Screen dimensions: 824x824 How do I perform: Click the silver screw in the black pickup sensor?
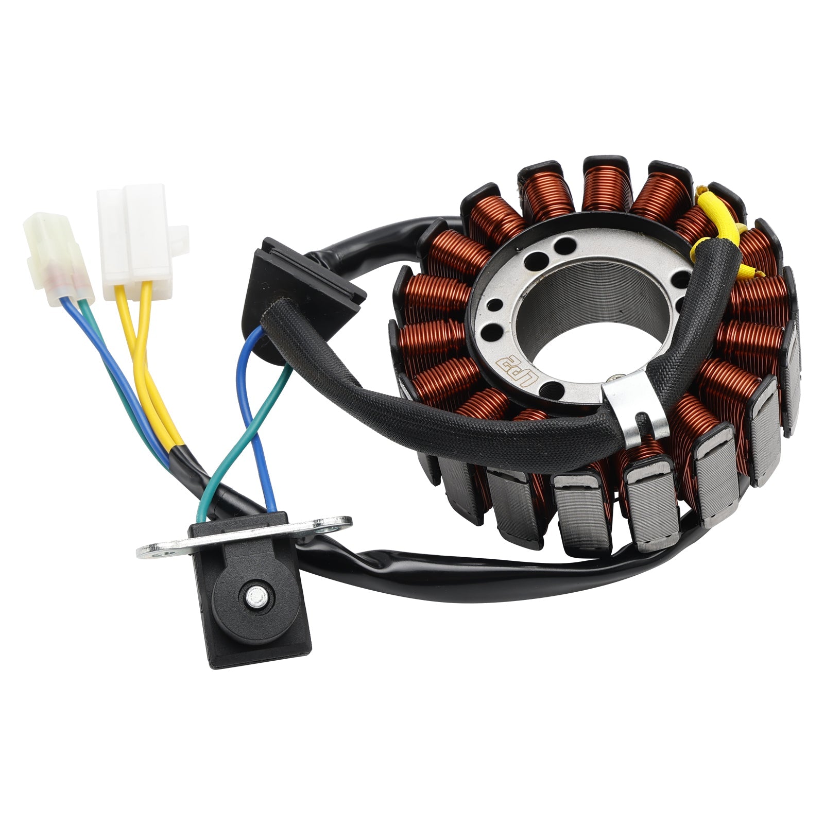pos(253,596)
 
